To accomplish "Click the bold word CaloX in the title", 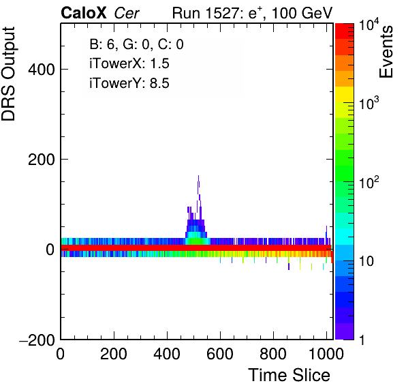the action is (83, 13).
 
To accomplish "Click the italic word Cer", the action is (127, 14).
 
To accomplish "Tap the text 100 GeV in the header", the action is (302, 14).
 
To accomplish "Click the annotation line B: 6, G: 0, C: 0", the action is (136, 44).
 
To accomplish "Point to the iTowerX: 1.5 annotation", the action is (129, 63).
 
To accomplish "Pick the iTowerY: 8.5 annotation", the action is (129, 83).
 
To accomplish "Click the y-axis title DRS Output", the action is (8, 74).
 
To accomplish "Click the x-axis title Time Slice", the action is (290, 375).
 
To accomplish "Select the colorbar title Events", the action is (386, 52).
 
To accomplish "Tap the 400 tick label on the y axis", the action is (42, 70).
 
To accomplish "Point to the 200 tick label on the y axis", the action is (42, 160).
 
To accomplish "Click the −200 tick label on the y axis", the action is (37, 340).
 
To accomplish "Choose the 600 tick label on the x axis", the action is (220, 354).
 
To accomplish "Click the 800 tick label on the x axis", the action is (273, 354).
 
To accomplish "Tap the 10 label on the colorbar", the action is (366, 261).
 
